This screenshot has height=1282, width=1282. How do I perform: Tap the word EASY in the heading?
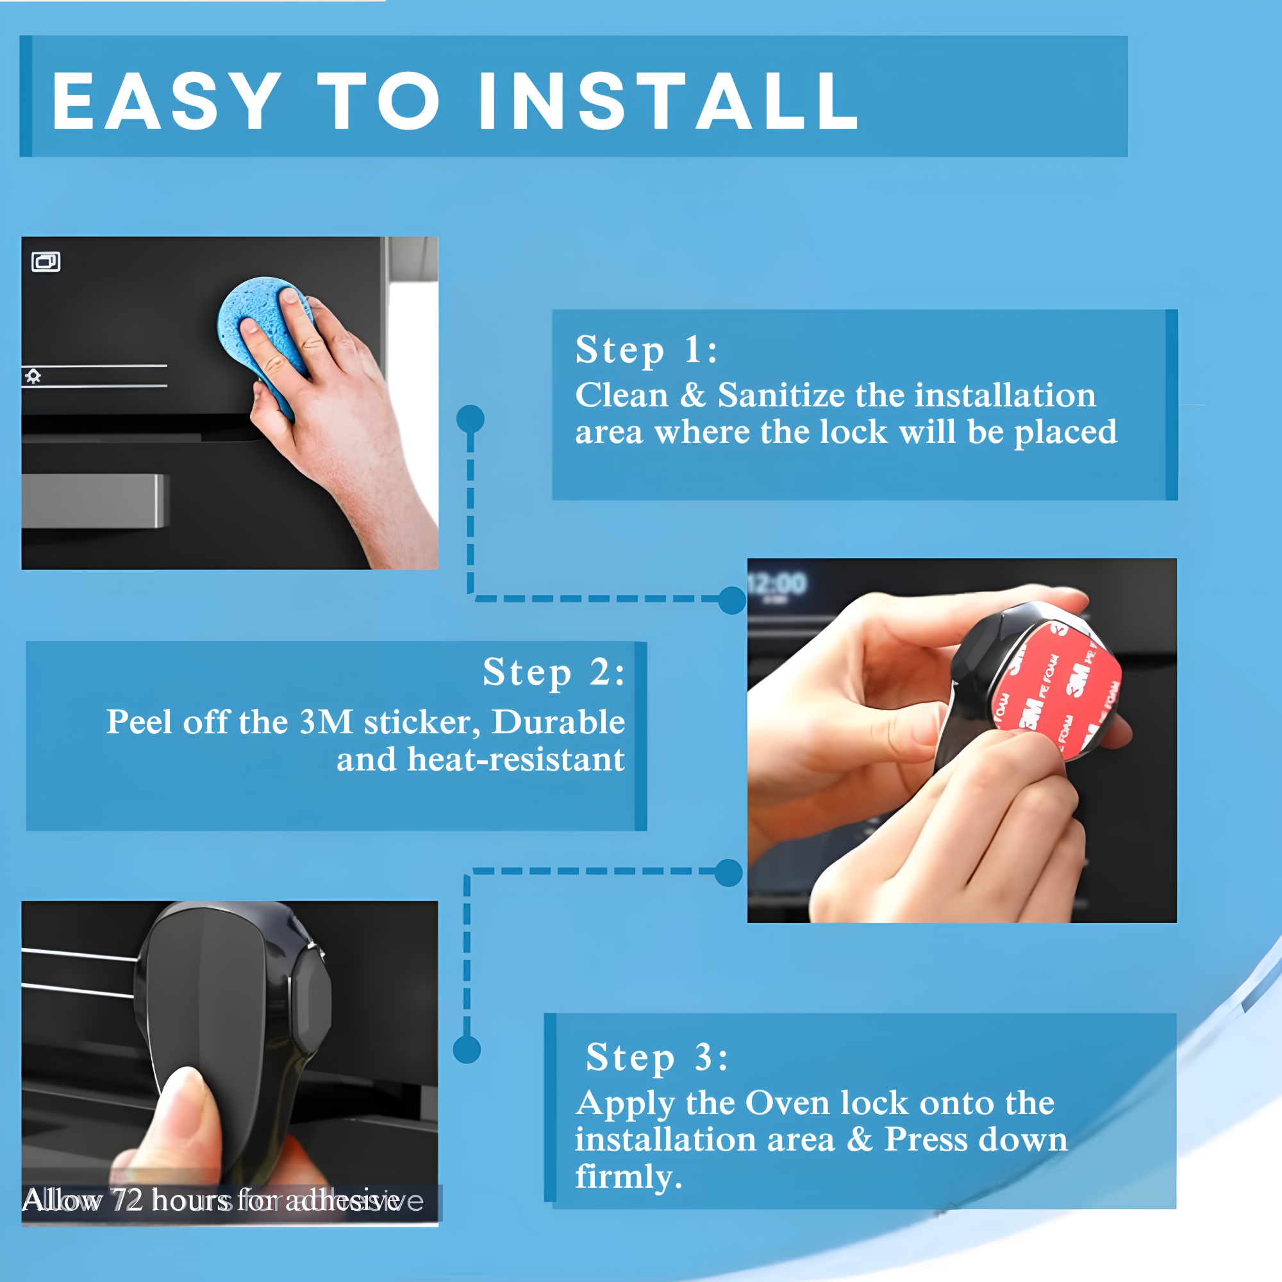tap(167, 101)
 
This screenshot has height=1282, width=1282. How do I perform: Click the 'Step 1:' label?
tap(645, 350)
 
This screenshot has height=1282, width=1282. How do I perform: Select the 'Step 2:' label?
tap(553, 672)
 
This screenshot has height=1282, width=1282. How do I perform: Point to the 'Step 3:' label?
tap(656, 1057)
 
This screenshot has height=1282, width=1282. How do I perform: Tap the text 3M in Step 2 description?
tap(325, 722)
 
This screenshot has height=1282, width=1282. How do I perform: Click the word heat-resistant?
tap(515, 759)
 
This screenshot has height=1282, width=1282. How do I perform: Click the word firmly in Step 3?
tap(624, 1176)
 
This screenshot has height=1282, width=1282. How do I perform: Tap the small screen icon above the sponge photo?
tap(46, 262)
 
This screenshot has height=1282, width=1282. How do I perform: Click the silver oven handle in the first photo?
tap(93, 501)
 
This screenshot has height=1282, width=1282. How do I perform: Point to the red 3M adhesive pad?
tap(1055, 690)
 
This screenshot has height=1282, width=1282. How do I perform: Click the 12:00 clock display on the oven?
tap(777, 585)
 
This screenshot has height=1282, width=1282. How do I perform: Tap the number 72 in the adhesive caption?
tap(126, 1201)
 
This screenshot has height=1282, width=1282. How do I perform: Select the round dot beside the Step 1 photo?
tap(470, 419)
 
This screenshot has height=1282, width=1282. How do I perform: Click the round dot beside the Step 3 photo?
tap(467, 1050)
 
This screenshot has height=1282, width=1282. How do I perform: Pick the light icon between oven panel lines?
tap(33, 377)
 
